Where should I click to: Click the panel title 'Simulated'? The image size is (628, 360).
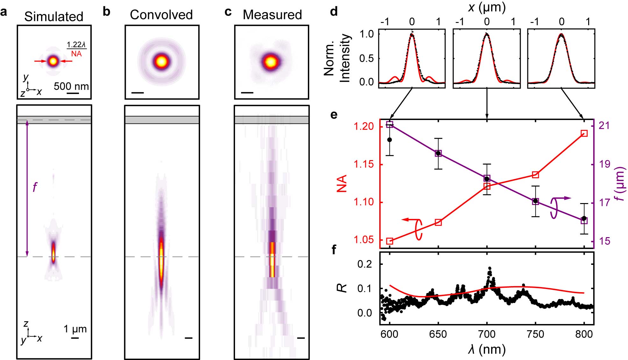tap(54, 17)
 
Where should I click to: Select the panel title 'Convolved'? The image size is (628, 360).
tap(161, 15)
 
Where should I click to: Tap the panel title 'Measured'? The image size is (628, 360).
tap(272, 15)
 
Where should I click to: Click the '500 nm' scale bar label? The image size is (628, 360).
tap(71, 86)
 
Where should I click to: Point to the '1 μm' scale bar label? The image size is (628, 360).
tap(75, 329)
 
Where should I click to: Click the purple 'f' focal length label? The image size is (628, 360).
tap(35, 187)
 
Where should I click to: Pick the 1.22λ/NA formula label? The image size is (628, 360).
tap(76, 49)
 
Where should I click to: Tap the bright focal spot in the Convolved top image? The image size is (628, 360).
tap(161, 61)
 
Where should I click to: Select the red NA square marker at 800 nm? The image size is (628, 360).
tap(584, 133)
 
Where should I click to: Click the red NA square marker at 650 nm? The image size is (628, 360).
tap(438, 222)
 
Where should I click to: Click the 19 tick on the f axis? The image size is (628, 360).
tap(604, 164)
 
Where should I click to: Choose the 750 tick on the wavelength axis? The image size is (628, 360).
tap(535, 334)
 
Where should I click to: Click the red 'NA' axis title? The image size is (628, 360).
tap(342, 183)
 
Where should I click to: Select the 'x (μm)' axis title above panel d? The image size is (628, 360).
tap(487, 7)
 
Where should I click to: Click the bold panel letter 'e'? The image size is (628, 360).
tap(334, 114)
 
